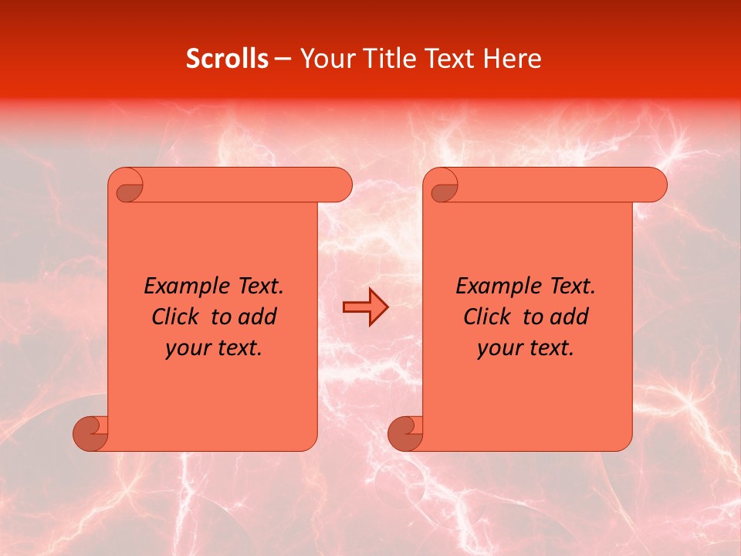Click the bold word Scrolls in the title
click(x=227, y=59)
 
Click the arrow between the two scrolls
click(x=365, y=308)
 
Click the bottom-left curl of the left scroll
click(x=91, y=432)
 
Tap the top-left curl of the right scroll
click(x=443, y=187)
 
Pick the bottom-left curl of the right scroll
click(x=405, y=432)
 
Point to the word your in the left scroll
click(x=187, y=348)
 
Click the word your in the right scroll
click(x=499, y=348)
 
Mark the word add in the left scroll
click(x=258, y=317)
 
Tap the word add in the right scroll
click(x=570, y=317)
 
